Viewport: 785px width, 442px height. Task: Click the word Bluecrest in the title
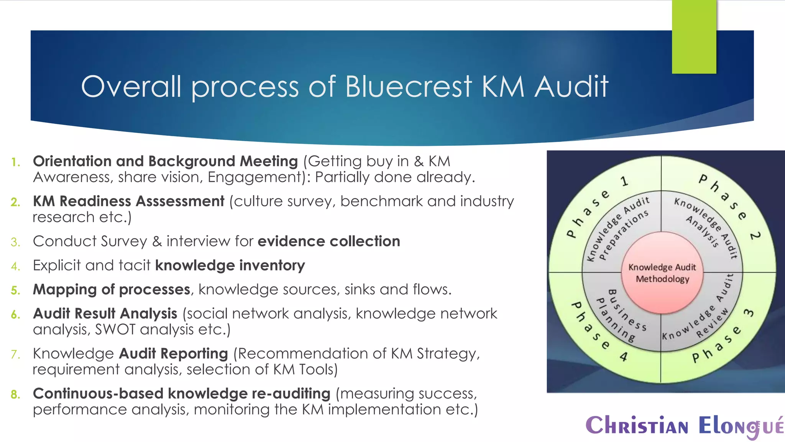click(x=408, y=86)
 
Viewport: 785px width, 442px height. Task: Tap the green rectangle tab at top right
click(x=694, y=36)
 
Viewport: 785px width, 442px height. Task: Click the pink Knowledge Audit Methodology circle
click(x=662, y=273)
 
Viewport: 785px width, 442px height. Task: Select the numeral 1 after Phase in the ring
click(x=624, y=181)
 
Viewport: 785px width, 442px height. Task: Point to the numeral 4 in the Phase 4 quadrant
click(x=624, y=357)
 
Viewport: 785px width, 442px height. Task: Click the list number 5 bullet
click(x=15, y=290)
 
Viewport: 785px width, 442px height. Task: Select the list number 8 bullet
click(x=15, y=394)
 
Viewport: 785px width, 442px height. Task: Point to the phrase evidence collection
click(x=328, y=241)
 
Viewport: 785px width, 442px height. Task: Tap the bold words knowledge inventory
click(x=230, y=266)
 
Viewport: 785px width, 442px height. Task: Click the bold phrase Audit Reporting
click(x=173, y=353)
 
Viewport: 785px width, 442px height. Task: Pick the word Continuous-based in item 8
click(x=98, y=394)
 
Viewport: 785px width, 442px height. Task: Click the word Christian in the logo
click(x=637, y=426)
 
